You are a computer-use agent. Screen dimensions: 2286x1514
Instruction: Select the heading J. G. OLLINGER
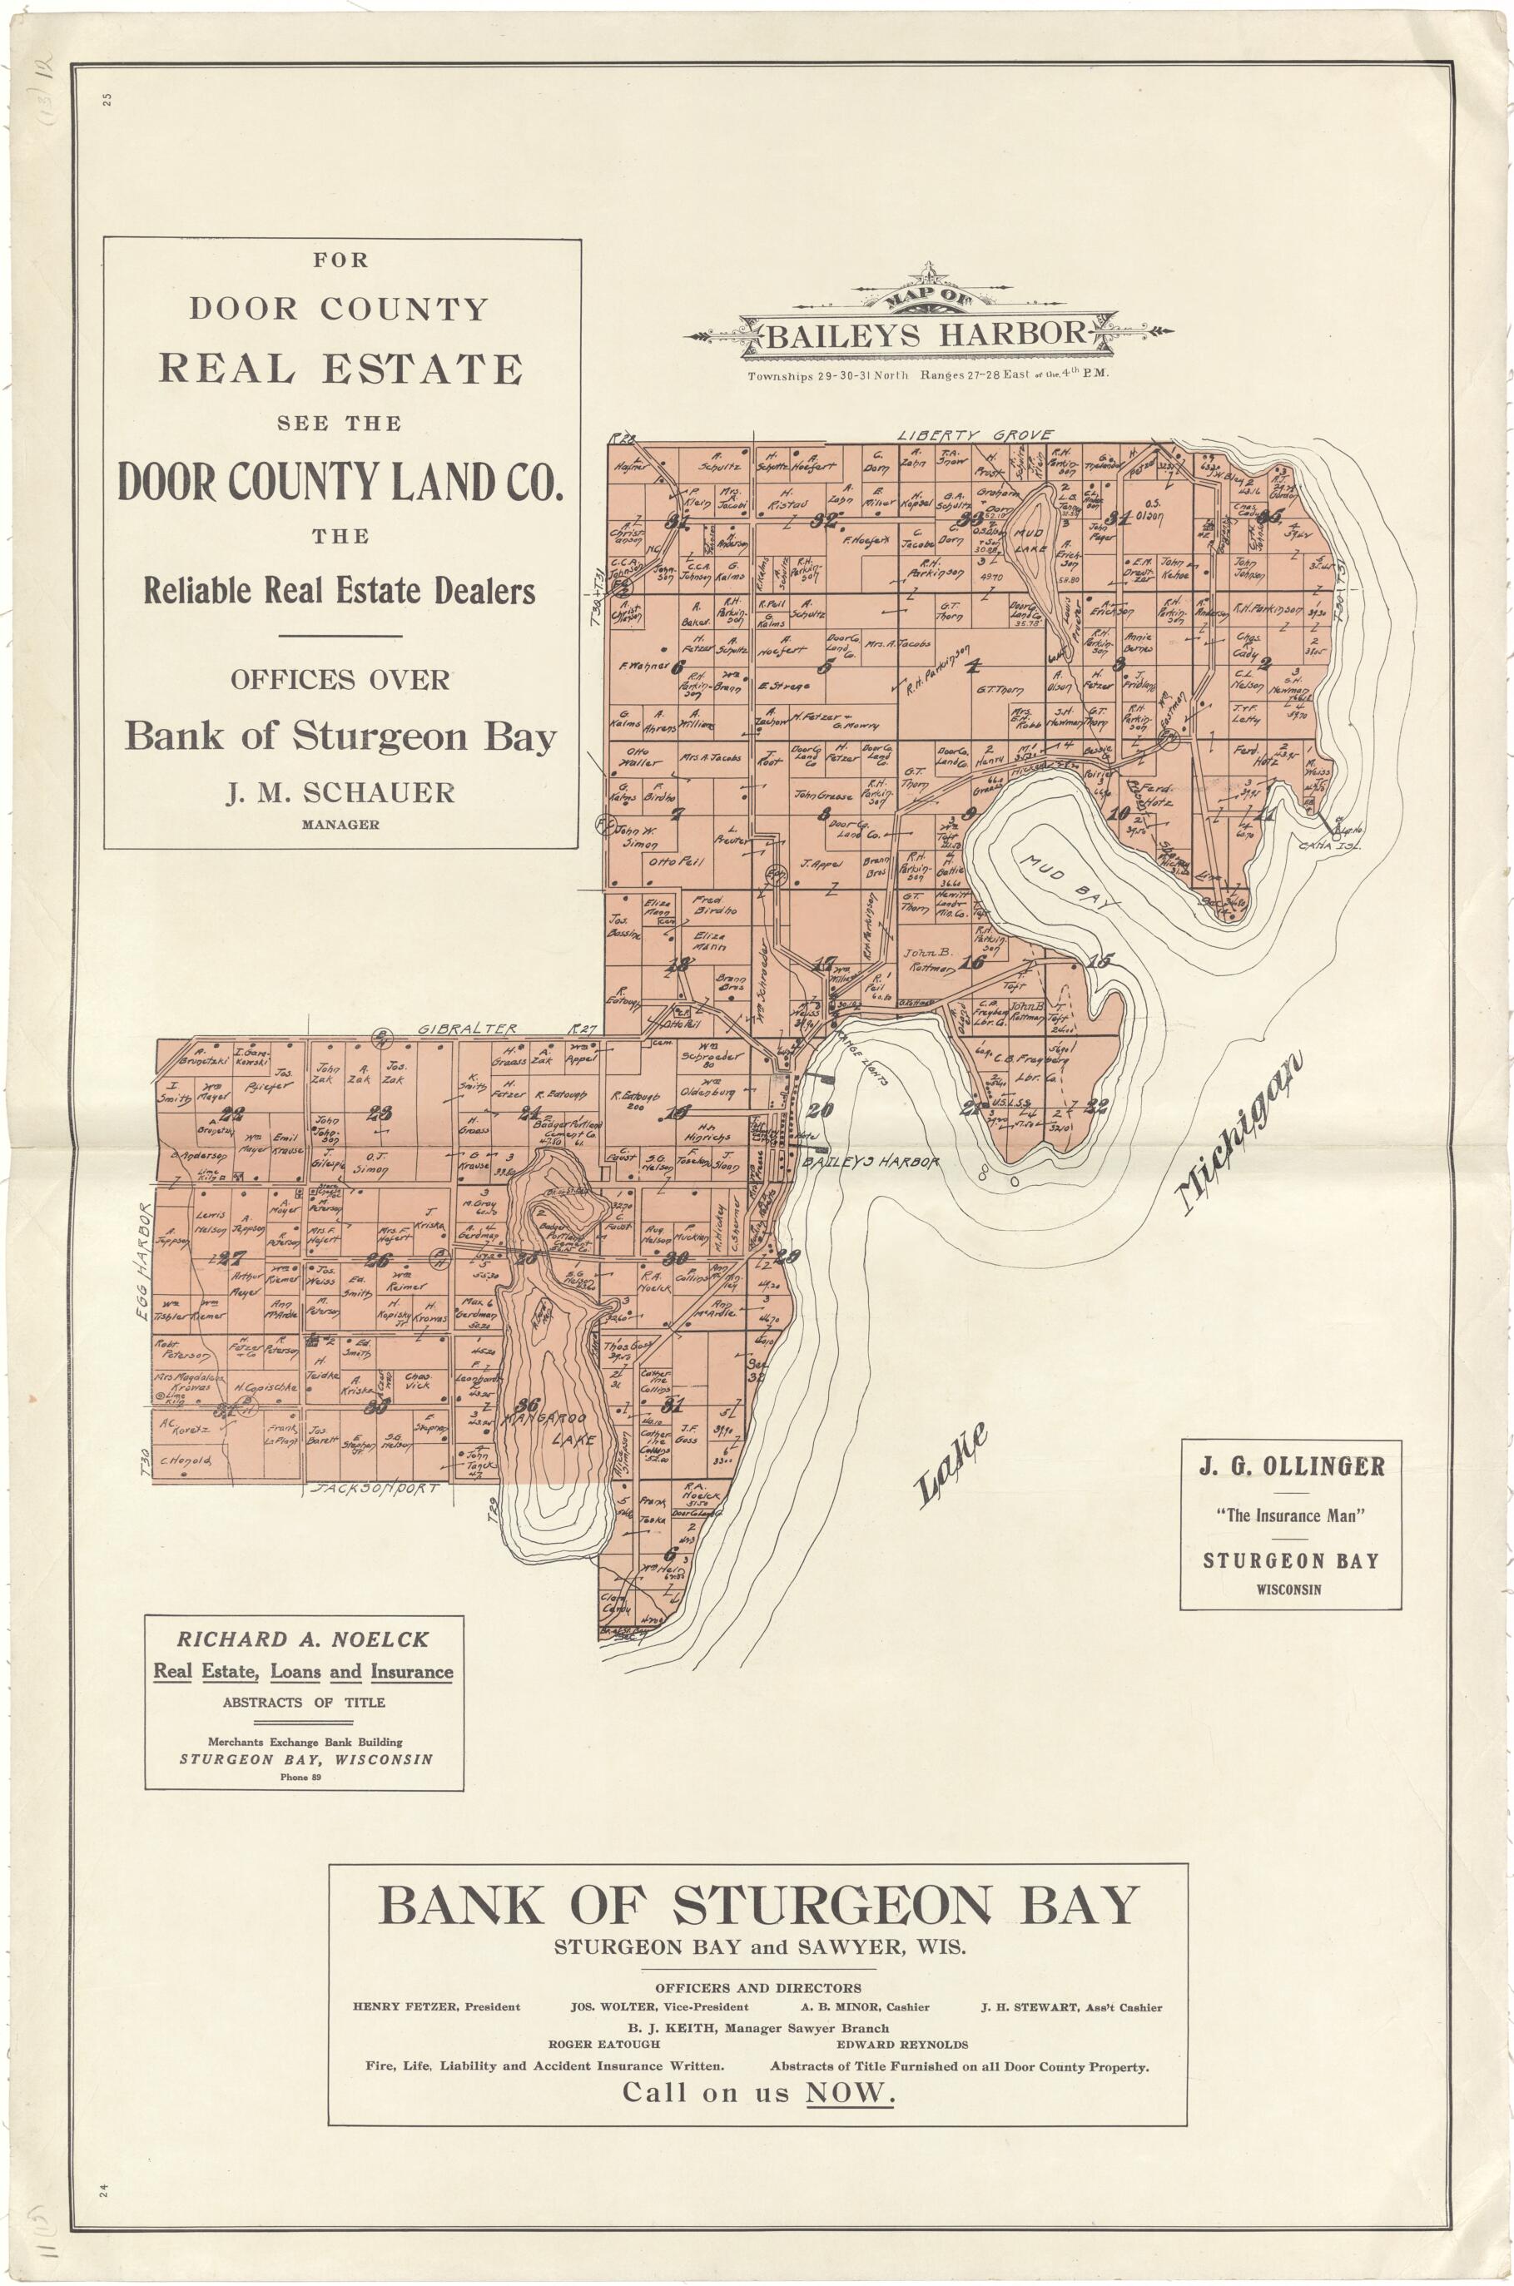click(x=1291, y=1466)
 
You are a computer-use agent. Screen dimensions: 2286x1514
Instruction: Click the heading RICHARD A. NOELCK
click(x=303, y=1639)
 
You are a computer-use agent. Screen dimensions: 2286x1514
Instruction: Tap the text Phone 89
click(x=303, y=1778)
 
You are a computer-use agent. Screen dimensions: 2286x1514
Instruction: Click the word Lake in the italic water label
click(x=951, y=1465)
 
